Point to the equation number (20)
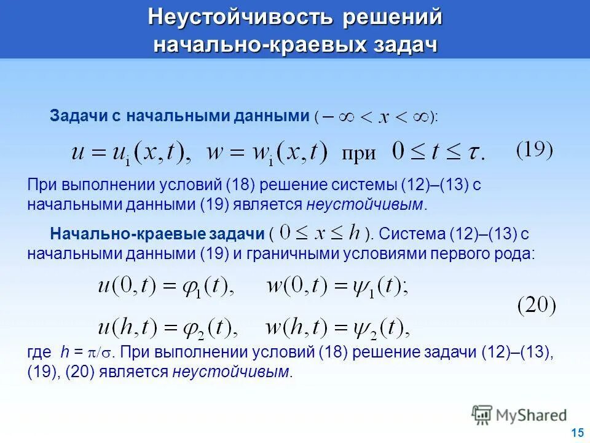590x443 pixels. (x=536, y=306)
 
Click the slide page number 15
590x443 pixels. (x=576, y=433)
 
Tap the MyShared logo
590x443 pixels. (x=519, y=415)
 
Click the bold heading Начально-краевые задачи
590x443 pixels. (x=157, y=234)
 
